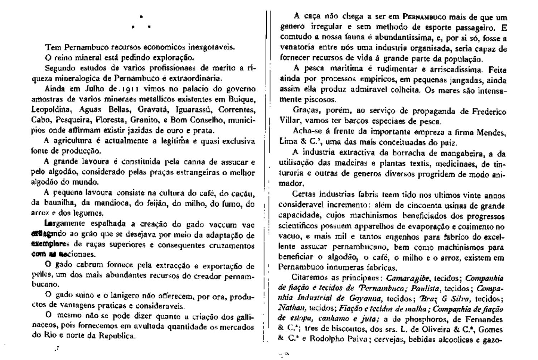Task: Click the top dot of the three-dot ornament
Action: tap(141, 16)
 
